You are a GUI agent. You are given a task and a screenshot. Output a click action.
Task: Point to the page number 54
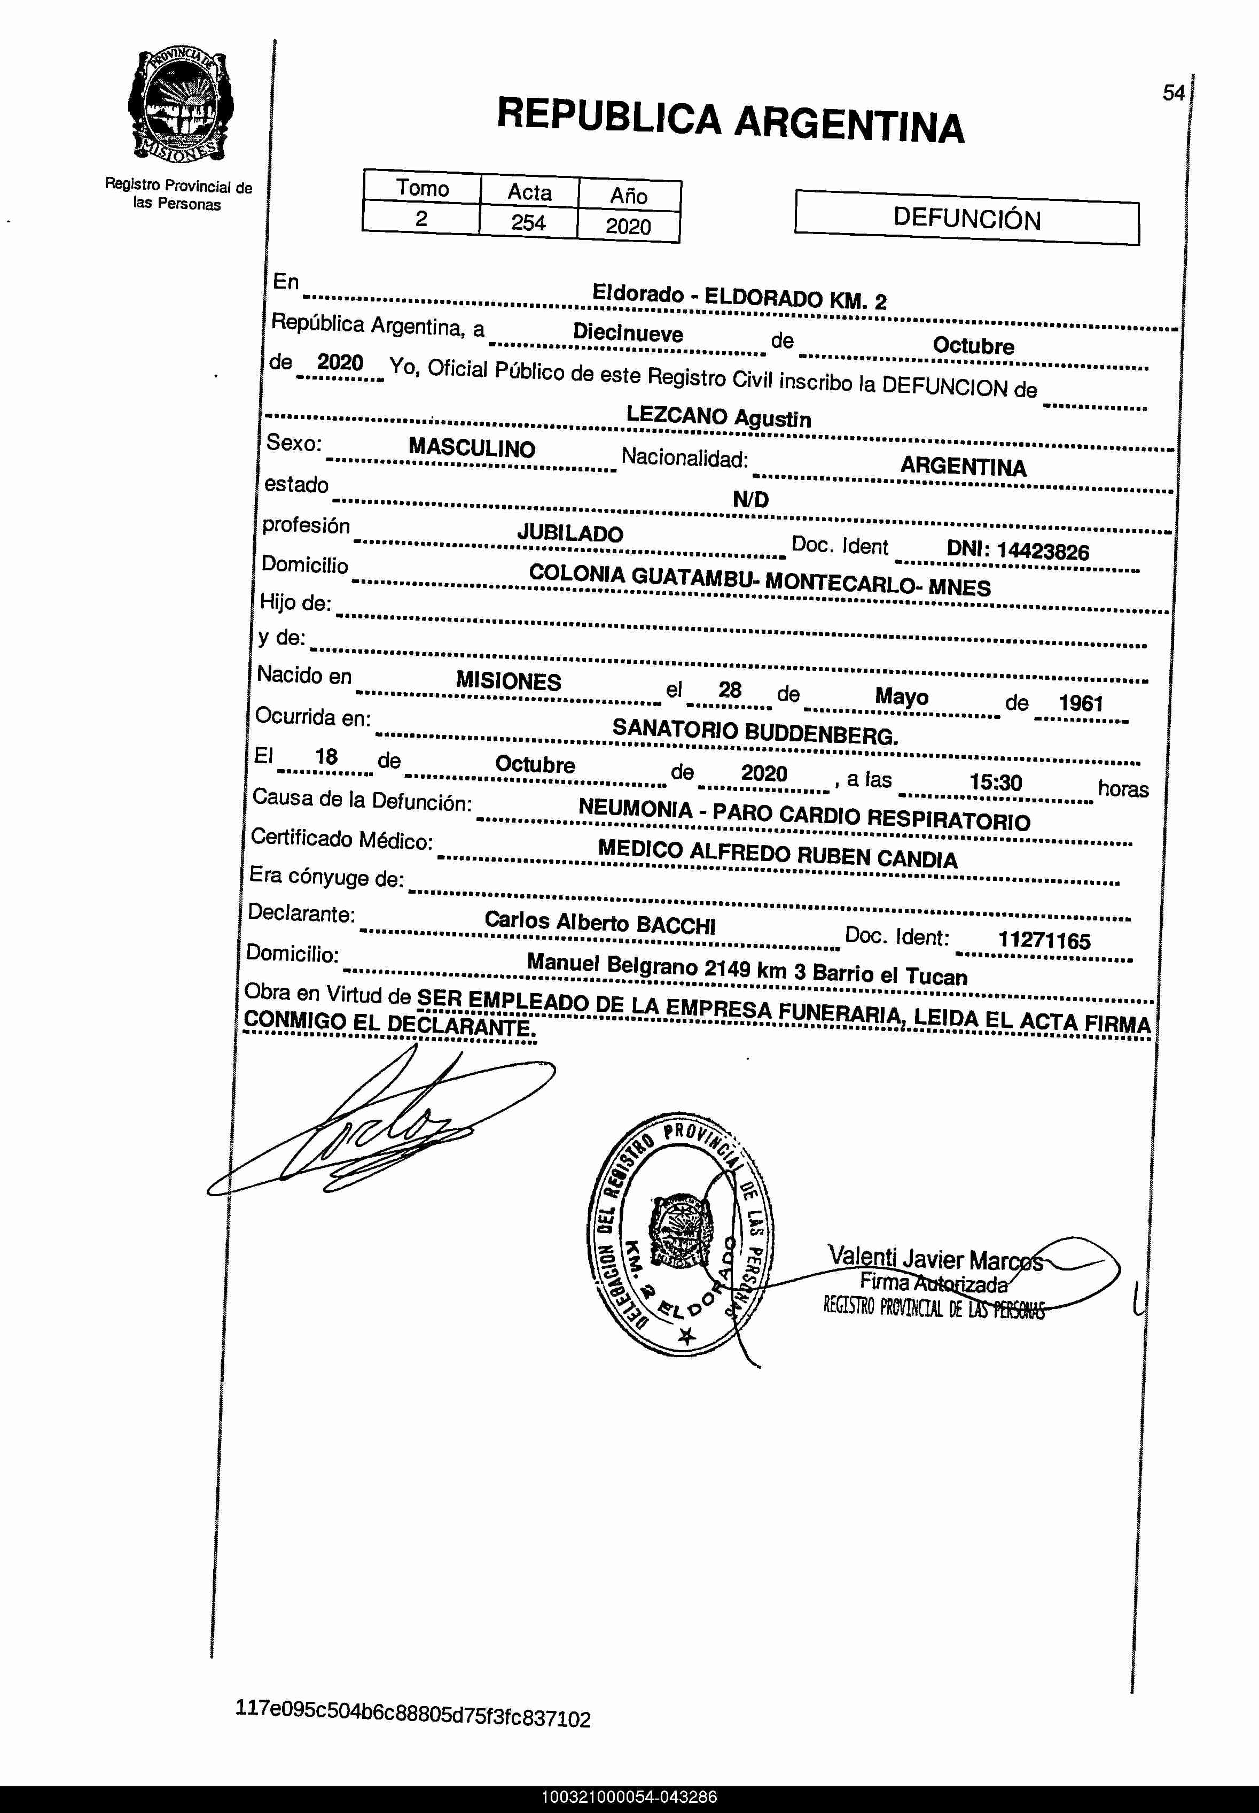[x=1173, y=93]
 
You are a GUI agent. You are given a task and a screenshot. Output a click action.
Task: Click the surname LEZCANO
[x=677, y=415]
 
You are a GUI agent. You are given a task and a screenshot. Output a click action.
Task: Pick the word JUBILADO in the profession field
[x=569, y=533]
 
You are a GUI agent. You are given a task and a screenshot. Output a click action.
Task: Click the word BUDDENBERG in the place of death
[x=820, y=735]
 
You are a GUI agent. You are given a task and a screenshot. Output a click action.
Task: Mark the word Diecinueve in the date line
[x=628, y=333]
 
